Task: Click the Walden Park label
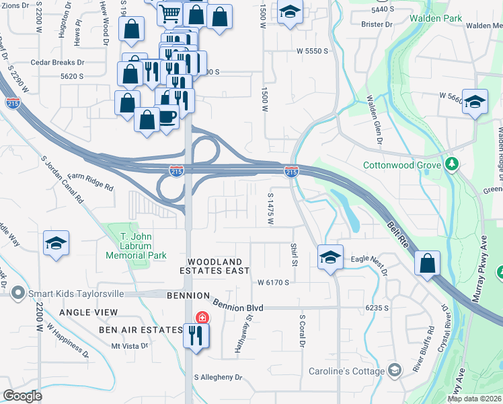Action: (437, 18)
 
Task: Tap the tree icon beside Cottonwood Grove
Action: (453, 164)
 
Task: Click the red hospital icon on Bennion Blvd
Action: (201, 317)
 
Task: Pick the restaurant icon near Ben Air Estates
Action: (196, 335)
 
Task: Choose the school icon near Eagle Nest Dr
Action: (330, 257)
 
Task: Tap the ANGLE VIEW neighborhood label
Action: (88, 312)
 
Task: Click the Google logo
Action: (22, 396)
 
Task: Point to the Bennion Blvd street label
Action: (237, 306)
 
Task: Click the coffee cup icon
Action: (167, 116)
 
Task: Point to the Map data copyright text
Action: (474, 399)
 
